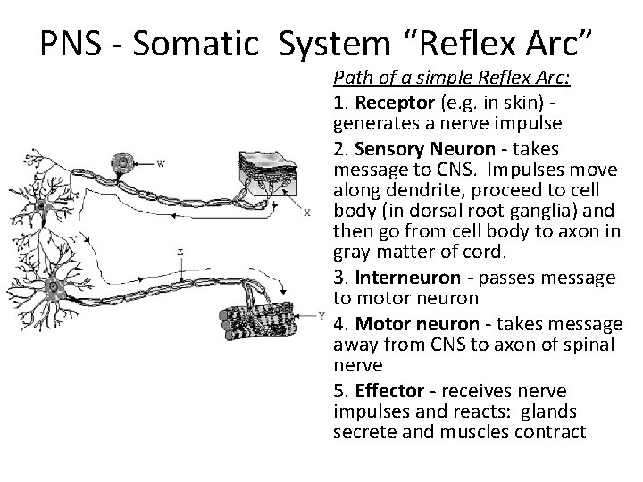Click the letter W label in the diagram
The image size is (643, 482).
(161, 162)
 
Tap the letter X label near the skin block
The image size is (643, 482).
(307, 212)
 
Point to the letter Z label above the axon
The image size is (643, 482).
(180, 252)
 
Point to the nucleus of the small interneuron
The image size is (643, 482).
(41, 206)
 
